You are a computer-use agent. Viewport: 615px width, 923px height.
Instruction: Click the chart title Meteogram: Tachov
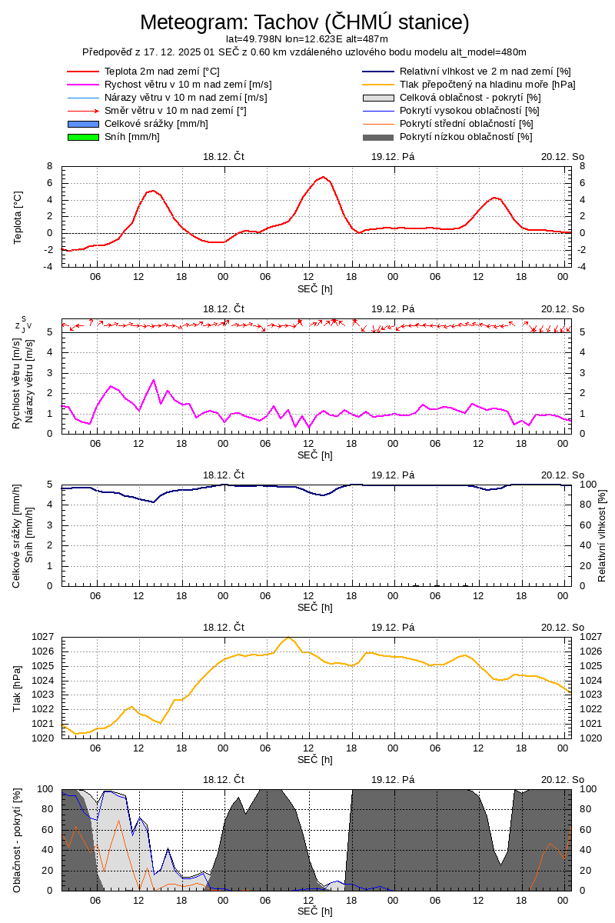pos(304,22)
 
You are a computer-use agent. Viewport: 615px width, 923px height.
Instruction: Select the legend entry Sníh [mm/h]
pos(132,137)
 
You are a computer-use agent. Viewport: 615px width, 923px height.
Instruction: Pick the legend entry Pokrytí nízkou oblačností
pos(466,137)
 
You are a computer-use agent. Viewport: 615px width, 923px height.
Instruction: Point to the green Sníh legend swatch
pos(84,137)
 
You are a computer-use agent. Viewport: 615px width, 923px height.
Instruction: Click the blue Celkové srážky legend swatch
pos(84,124)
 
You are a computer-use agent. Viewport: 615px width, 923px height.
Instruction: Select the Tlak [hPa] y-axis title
pos(18,688)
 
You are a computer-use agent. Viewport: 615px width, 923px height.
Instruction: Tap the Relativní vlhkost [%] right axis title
pos(602,535)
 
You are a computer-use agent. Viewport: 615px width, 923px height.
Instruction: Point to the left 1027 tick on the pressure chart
pos(43,637)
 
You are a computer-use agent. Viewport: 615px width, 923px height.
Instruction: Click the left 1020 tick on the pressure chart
pos(43,738)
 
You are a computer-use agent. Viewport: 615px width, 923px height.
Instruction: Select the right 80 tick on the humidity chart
pos(585,505)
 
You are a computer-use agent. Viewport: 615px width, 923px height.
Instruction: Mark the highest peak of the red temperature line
pos(324,177)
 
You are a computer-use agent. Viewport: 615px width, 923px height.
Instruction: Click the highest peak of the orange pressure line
pos(288,637)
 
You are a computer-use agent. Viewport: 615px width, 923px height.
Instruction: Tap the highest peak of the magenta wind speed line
pos(154,380)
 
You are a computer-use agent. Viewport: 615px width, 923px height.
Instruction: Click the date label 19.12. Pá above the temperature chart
pos(393,156)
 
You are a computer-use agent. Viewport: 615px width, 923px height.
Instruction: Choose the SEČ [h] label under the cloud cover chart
pos(315,911)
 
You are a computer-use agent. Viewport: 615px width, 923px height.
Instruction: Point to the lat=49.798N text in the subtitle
pos(254,38)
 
